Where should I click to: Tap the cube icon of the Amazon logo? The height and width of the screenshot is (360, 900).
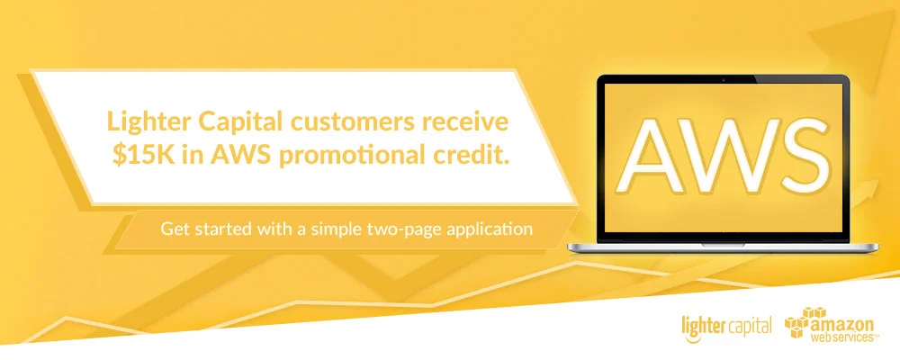click(x=799, y=325)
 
